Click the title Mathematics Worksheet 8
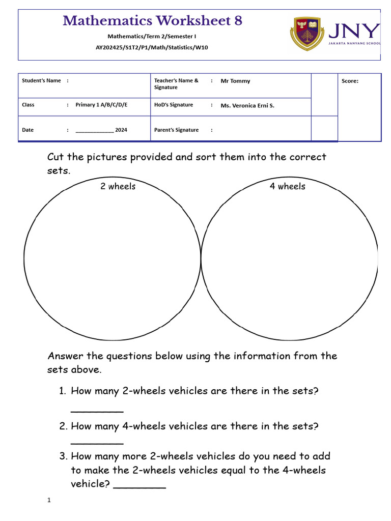coord(152,21)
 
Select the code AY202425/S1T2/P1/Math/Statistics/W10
coord(152,47)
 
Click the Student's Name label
coord(41,80)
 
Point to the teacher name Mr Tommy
coord(235,81)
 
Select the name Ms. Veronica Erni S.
coord(247,106)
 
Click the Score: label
coord(350,81)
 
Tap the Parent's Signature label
coord(176,130)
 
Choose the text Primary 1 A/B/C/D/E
coord(101,105)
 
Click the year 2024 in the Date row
coord(121,130)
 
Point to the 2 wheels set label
coord(118,186)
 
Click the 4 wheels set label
coord(288,186)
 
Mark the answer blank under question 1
coord(97,410)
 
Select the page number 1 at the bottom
coord(49,501)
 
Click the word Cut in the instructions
coord(56,157)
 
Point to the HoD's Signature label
coord(174,105)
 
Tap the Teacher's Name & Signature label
coord(176,84)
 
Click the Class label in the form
coord(28,105)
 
